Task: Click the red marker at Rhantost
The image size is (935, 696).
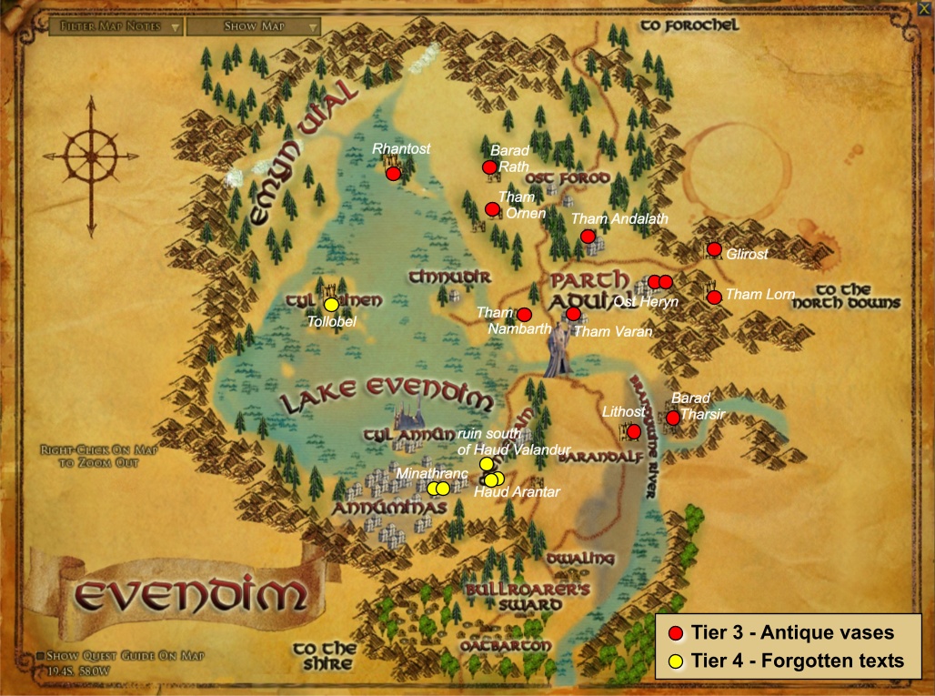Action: (x=393, y=173)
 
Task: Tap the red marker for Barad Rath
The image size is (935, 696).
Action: (x=489, y=166)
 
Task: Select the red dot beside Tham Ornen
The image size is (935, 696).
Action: (x=492, y=209)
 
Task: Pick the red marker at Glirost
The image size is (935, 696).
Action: (x=714, y=249)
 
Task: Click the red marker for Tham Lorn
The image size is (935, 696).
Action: (x=714, y=297)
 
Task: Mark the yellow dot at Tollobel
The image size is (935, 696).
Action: (x=331, y=304)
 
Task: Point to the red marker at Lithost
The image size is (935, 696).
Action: (x=634, y=431)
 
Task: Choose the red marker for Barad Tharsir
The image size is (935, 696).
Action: (x=673, y=418)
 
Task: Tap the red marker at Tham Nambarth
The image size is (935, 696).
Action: (x=524, y=315)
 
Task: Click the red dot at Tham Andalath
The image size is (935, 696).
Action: (x=588, y=237)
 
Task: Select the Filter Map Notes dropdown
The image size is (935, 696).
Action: (x=116, y=26)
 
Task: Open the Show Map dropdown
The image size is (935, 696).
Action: (x=254, y=26)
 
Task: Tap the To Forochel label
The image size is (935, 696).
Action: (x=689, y=25)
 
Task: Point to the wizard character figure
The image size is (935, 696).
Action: (x=558, y=350)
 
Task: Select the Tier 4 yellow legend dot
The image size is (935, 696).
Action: (x=674, y=661)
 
